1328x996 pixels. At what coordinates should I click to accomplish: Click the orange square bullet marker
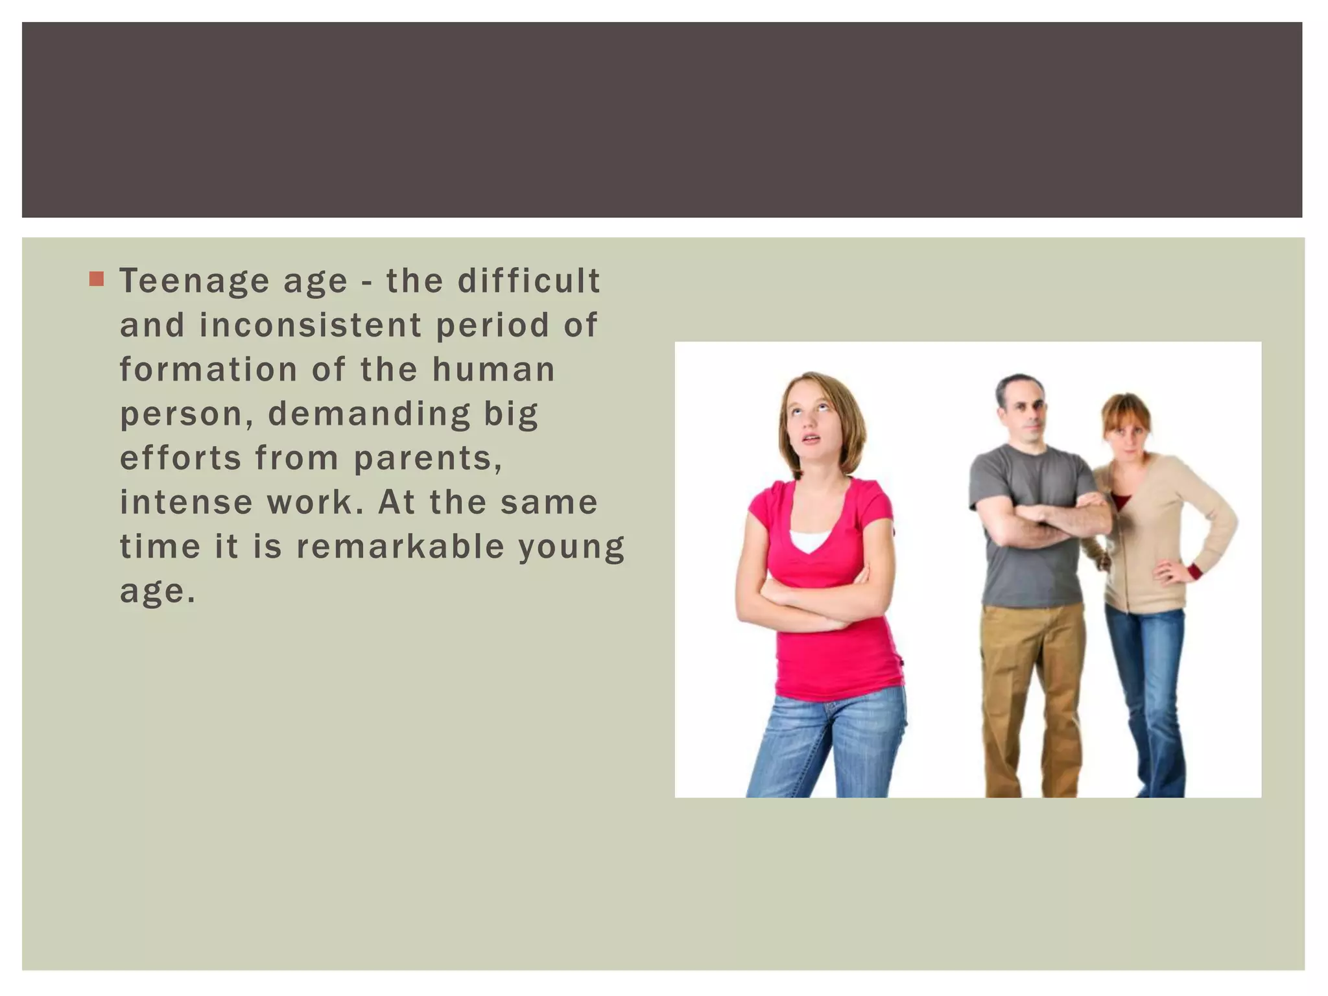pyautogui.click(x=97, y=279)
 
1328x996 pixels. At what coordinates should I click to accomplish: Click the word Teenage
pyautogui.click(x=195, y=281)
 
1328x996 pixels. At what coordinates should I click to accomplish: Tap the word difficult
pyautogui.click(x=528, y=281)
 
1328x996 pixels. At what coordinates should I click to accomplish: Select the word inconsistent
pyautogui.click(x=310, y=326)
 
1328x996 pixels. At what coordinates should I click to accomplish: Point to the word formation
pyautogui.click(x=208, y=370)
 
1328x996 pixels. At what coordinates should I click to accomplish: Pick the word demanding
pyautogui.click(x=369, y=415)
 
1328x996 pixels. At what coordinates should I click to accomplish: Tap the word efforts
pyautogui.click(x=180, y=458)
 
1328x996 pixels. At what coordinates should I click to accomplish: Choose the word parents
pyautogui.click(x=427, y=459)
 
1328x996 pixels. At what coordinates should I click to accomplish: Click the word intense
pyautogui.click(x=186, y=503)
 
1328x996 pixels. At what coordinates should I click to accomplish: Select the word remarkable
pyautogui.click(x=400, y=547)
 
